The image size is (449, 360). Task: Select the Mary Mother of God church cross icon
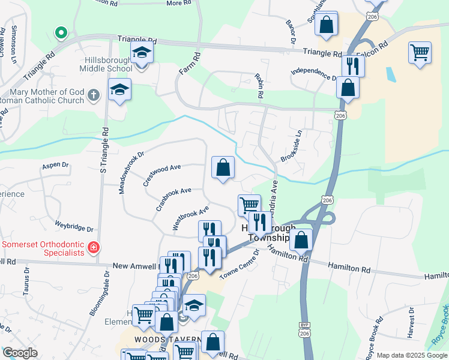point(93,95)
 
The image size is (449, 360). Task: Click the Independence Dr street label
point(313,74)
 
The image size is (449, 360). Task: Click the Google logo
point(20,352)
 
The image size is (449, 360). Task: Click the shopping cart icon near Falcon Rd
point(420,52)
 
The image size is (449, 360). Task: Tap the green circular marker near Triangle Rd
point(59,32)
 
